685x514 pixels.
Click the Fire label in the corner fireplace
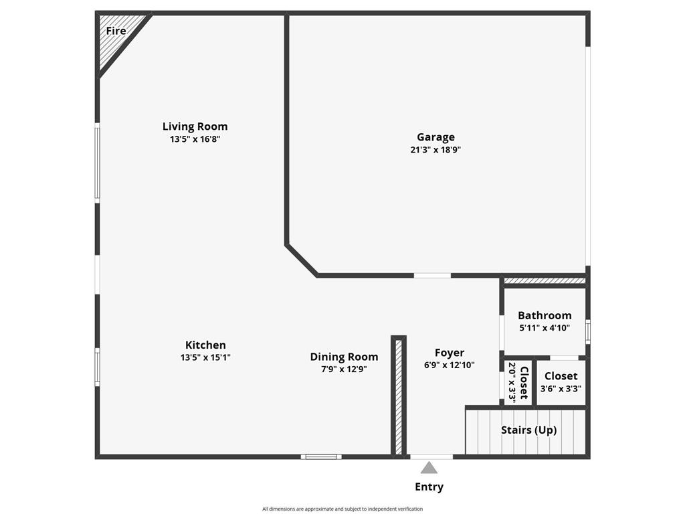pos(116,31)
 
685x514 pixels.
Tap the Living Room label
pos(195,126)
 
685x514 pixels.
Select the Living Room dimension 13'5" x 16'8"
pos(195,140)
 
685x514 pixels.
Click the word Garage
pos(435,137)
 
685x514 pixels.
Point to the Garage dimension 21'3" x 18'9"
pos(435,150)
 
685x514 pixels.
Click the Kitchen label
pos(205,345)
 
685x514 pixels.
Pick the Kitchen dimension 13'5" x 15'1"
pos(205,357)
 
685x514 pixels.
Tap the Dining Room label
pos(344,357)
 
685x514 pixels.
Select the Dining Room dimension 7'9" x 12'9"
pos(344,369)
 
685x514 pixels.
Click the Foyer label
pos(449,353)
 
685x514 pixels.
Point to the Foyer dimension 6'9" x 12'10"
pos(449,365)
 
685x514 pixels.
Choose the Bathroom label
pos(545,315)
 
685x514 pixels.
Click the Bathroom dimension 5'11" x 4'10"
pos(545,328)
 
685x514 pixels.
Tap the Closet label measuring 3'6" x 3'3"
pos(561,376)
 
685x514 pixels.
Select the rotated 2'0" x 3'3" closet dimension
pos(512,382)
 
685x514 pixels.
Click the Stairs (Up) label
pos(528,430)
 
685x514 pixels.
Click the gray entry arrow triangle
pos(429,468)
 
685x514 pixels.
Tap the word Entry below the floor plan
pos(429,487)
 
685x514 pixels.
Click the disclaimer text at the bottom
pos(342,509)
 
